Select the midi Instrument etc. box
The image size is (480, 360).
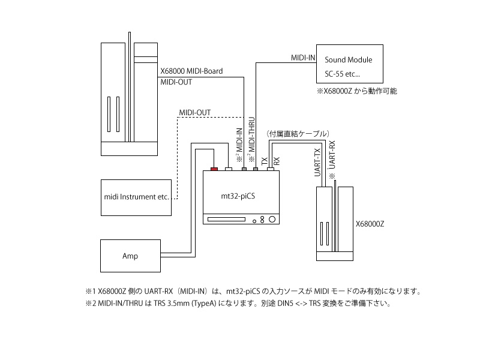coord(137,197)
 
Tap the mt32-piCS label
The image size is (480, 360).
coord(239,196)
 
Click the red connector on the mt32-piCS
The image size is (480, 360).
coord(214,170)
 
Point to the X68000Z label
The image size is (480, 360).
coord(370,224)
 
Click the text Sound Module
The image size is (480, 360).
coord(348,60)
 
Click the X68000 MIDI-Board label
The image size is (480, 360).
coord(191,71)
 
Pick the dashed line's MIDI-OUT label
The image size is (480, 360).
coord(195,112)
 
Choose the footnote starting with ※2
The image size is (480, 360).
coord(238,304)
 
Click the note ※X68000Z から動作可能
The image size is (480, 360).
coord(357,92)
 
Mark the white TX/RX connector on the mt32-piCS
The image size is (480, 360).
coord(271,170)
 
